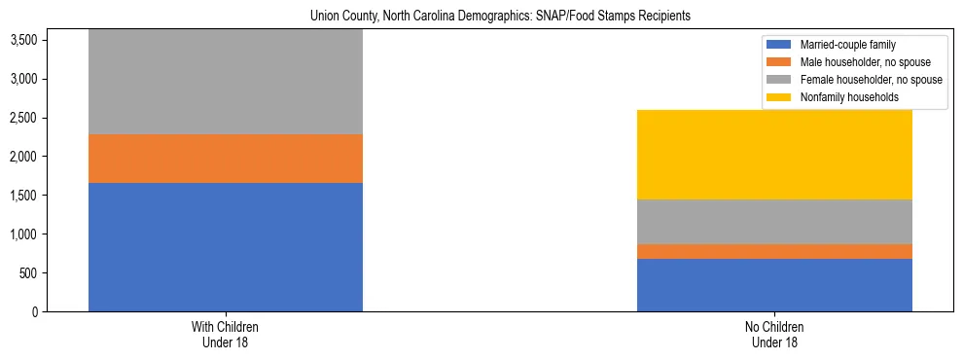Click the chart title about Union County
click(x=499, y=17)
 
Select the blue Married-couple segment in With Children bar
click(x=226, y=247)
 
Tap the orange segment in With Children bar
click(x=226, y=159)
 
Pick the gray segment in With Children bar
click(x=226, y=82)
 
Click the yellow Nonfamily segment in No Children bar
click(x=774, y=155)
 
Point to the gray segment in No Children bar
click(x=774, y=222)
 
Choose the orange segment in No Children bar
click(x=774, y=251)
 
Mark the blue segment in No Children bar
click(x=774, y=285)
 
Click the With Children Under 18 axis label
click(x=226, y=334)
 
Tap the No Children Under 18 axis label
click(x=774, y=334)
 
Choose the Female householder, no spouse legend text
click(x=871, y=80)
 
